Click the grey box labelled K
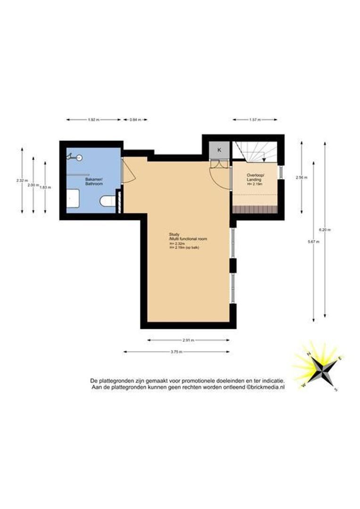point(219,150)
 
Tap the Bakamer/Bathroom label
point(94,182)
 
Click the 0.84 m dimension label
point(135,120)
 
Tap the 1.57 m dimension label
point(255,120)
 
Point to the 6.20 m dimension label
point(325,230)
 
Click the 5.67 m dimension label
point(313,242)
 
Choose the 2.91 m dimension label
point(188,340)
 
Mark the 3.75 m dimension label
point(177,352)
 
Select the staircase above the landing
point(255,152)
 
